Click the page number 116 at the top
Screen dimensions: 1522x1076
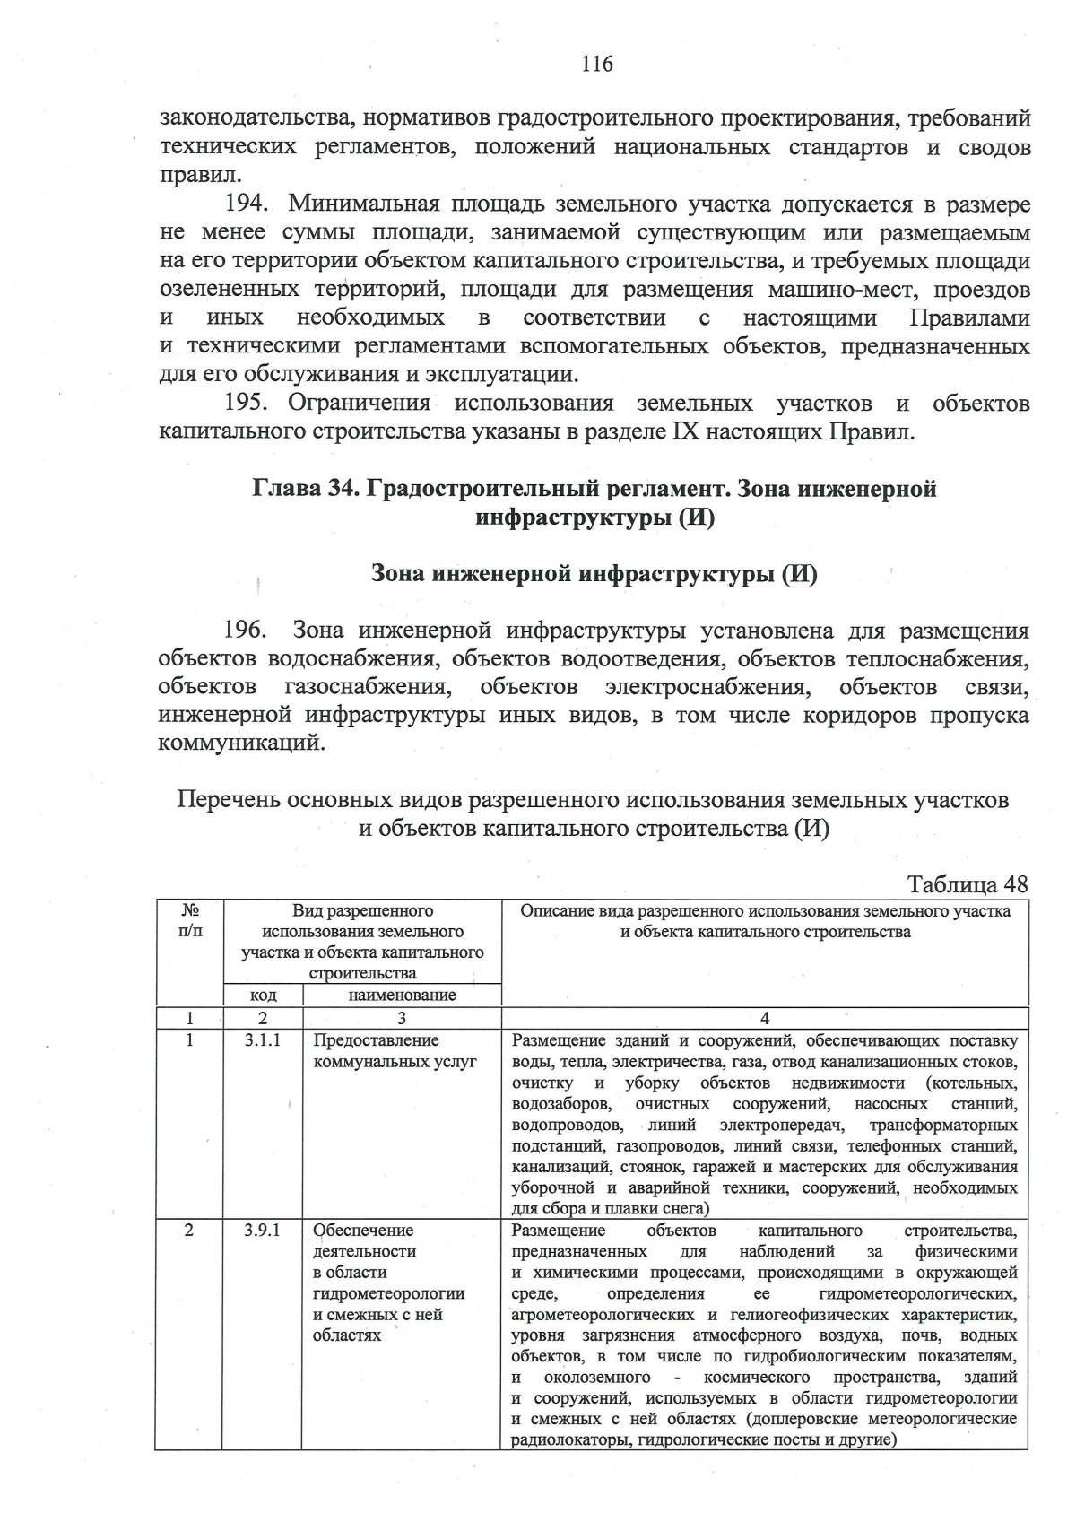pos(596,64)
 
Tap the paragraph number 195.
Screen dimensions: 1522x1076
pos(245,404)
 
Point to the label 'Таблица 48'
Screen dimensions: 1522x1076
pos(968,883)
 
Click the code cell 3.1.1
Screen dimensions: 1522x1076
pos(262,1041)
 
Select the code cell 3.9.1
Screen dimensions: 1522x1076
pos(262,1231)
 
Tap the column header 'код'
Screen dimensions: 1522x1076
pos(263,996)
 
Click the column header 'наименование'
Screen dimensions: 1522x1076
pos(402,996)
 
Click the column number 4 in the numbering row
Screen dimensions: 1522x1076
pos(764,1018)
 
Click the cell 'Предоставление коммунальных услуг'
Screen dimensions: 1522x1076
pos(395,1051)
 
